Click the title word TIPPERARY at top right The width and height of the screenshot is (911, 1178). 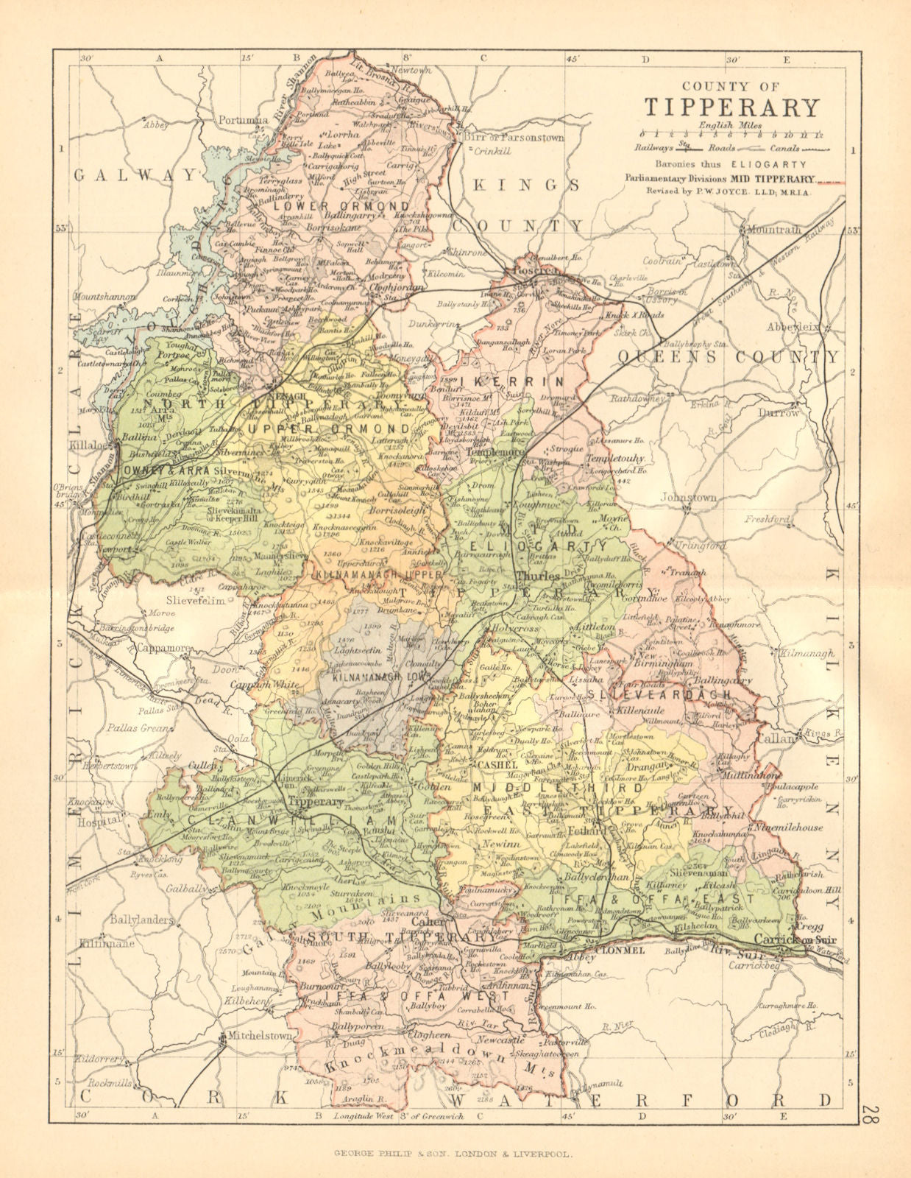[731, 107]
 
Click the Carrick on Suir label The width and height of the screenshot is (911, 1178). [795, 940]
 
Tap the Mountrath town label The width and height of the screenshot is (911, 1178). [773, 230]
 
